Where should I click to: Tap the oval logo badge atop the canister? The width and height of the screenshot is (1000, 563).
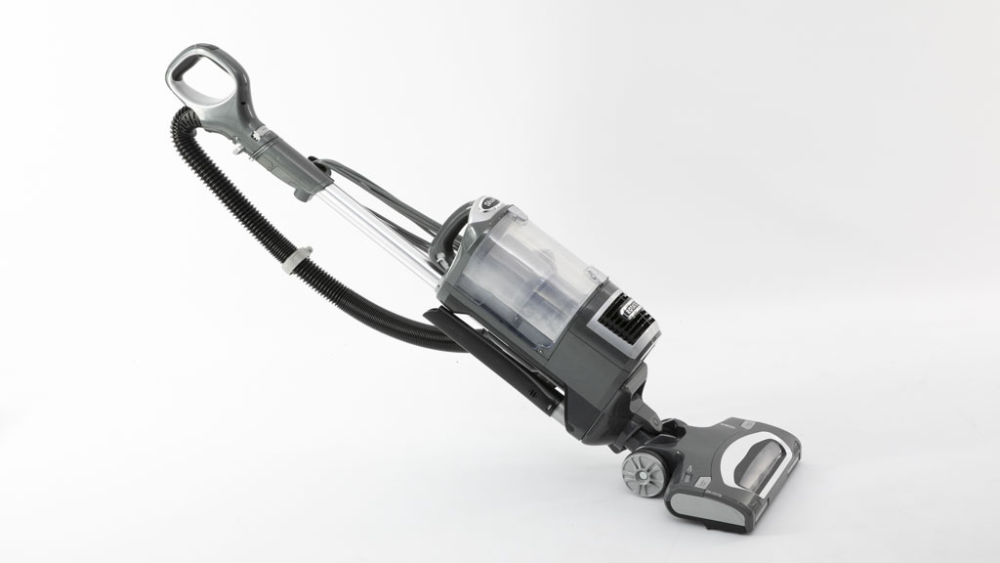488,204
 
